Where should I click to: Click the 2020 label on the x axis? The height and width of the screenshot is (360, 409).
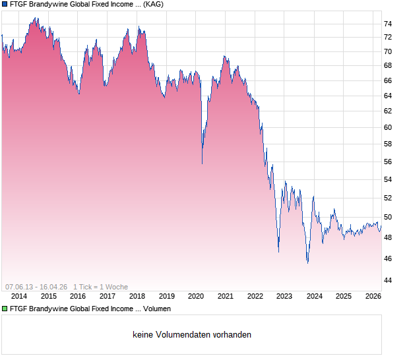point(197,296)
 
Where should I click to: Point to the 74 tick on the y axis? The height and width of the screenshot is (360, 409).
point(388,24)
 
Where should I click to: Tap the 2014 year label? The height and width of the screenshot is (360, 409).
point(19,296)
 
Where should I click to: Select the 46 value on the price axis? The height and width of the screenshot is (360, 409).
point(388,258)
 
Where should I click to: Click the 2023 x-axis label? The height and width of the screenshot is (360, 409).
point(284,296)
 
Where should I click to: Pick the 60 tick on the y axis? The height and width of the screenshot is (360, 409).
point(388,127)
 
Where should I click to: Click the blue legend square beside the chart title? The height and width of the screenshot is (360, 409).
point(5,4)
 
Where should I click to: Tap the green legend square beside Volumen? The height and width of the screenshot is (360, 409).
point(5,308)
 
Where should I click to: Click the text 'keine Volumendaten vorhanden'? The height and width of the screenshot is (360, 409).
point(192,335)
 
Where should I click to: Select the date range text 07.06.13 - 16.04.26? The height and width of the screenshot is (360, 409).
point(36,287)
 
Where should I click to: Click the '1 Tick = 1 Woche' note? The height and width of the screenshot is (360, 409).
point(100,287)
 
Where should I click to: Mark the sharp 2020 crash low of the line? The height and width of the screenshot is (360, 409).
point(202,163)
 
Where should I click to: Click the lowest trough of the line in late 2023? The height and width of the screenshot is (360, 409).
point(307,262)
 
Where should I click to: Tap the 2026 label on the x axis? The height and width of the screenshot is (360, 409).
point(373,296)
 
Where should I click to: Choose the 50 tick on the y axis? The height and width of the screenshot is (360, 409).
point(388,217)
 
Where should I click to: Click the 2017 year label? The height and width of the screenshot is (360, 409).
point(108,296)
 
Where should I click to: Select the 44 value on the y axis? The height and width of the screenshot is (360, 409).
point(388,280)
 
